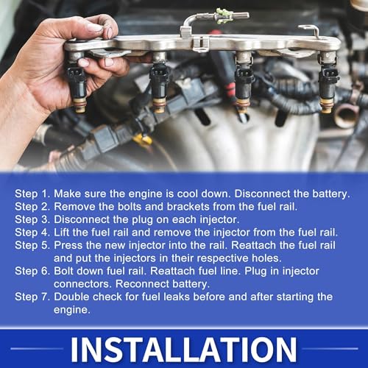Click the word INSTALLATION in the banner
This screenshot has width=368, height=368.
184,350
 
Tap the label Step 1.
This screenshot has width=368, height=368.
32,194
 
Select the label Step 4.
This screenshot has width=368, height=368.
32,233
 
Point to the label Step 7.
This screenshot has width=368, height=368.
32,297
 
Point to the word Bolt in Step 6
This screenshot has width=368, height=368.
62,271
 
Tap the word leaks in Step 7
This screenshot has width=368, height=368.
177,297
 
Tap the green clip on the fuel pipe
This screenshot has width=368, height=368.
223,16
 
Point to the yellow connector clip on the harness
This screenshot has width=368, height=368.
143,140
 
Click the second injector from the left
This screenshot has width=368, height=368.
160,82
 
